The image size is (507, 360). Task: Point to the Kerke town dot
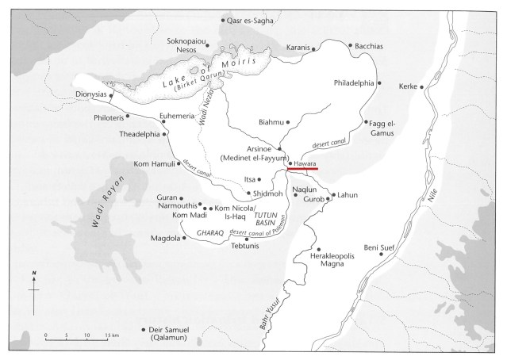422,86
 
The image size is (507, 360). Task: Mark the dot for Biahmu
287,123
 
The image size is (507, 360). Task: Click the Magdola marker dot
185,236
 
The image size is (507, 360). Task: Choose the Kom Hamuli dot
176,163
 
